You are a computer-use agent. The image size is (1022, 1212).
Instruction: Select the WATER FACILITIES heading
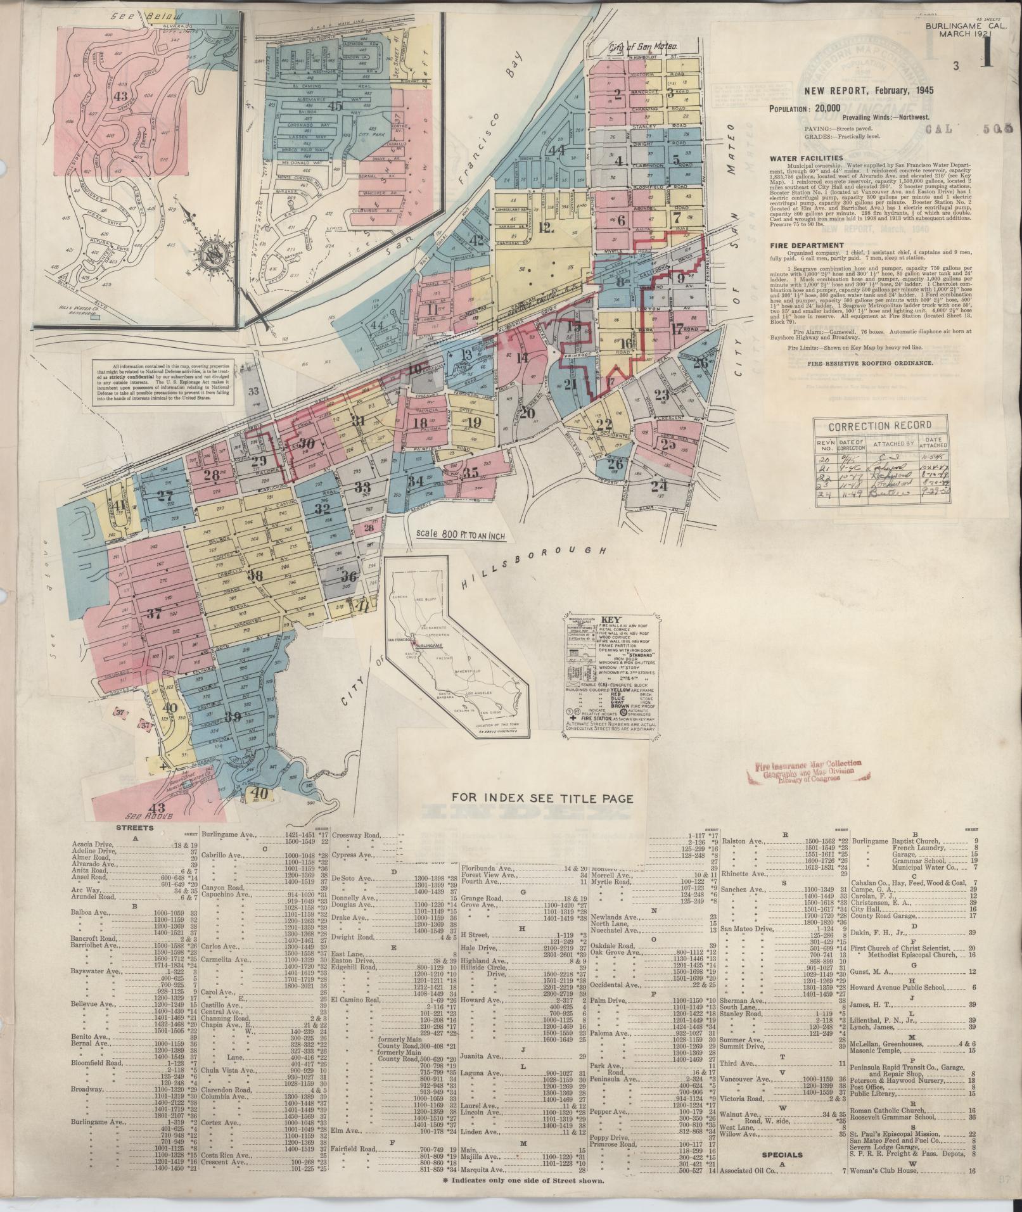point(806,158)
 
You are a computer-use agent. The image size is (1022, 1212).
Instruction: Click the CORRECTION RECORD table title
point(879,426)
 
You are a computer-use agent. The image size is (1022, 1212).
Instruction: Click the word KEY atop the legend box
point(612,621)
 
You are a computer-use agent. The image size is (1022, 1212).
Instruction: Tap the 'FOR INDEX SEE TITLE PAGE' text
point(542,798)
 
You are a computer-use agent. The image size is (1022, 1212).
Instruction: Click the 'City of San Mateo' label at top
point(644,48)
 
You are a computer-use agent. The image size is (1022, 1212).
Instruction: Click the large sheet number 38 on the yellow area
point(255,576)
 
